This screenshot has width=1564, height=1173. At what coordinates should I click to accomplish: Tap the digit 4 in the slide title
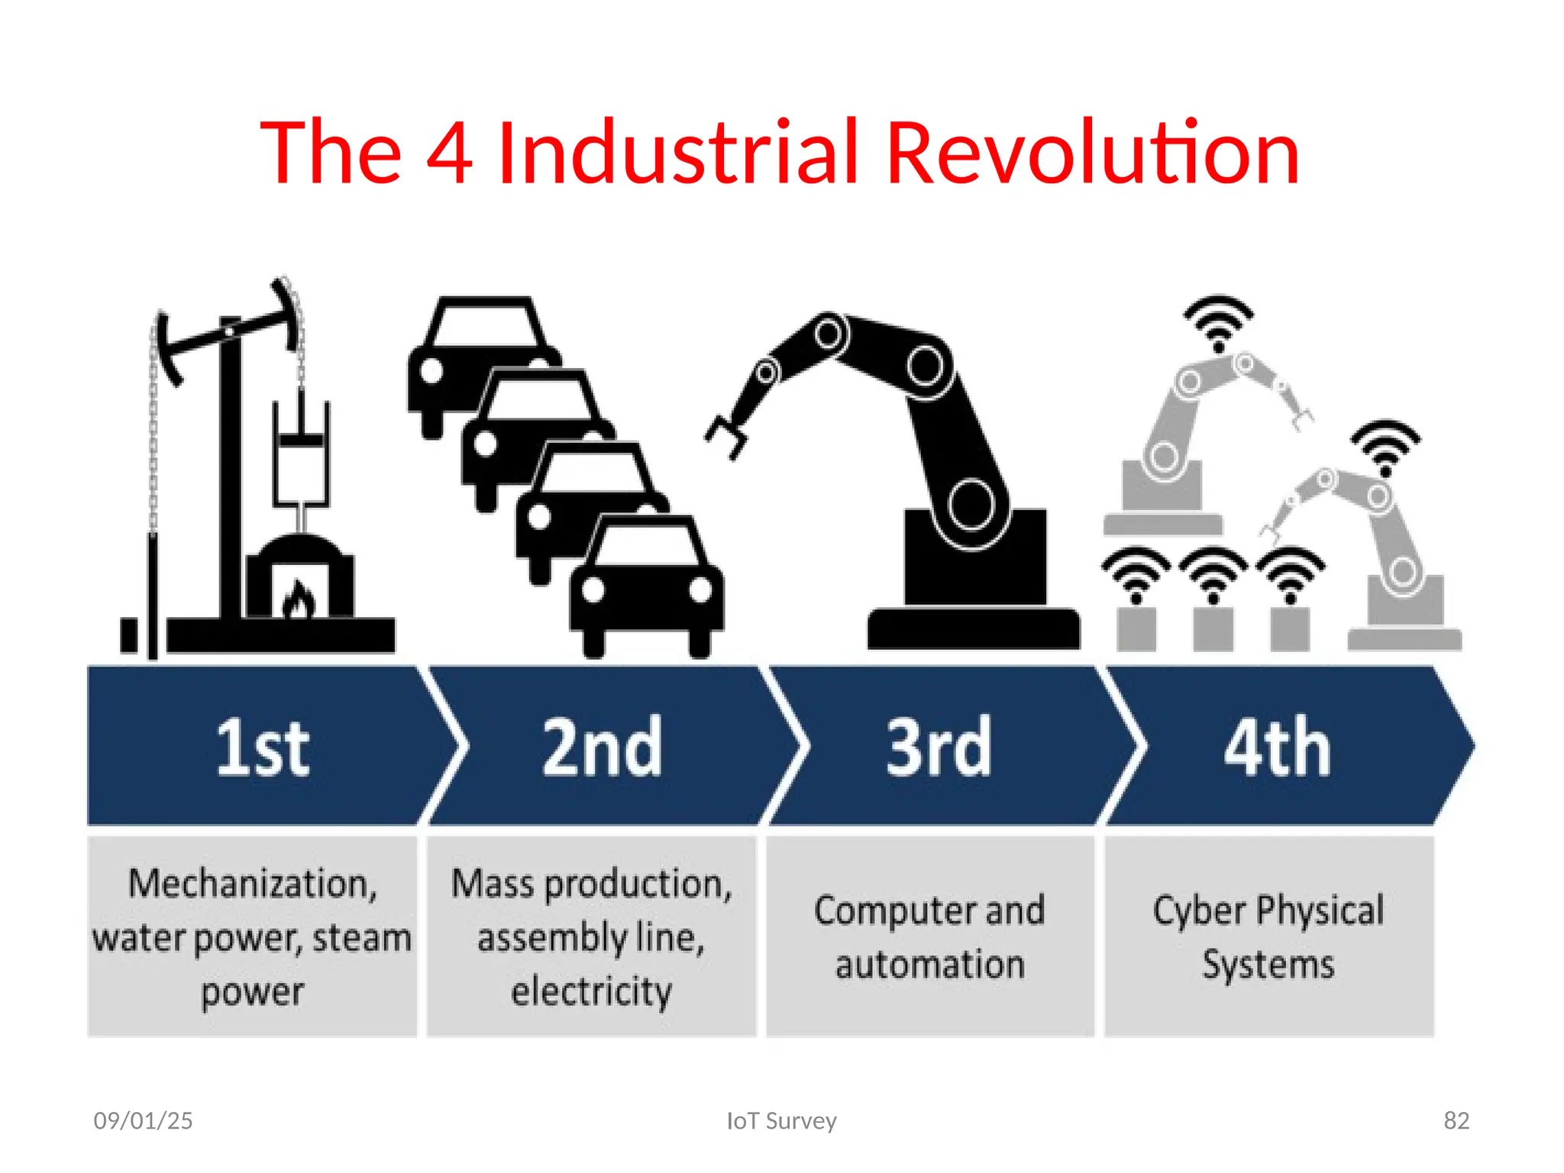coord(449,153)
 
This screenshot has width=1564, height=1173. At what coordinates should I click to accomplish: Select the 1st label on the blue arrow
coord(263,748)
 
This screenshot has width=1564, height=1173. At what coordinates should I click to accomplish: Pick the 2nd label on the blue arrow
coord(602,748)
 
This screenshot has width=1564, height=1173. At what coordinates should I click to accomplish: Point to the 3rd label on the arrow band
coord(939,748)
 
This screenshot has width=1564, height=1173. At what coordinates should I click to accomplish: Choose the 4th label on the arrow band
coord(1277,748)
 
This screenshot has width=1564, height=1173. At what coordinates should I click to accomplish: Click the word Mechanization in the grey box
coord(252,884)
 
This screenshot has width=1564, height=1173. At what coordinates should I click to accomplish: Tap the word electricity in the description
coord(591,991)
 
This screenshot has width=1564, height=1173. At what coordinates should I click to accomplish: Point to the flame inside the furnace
coord(298,599)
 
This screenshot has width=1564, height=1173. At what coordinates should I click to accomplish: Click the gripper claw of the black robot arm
coord(727,437)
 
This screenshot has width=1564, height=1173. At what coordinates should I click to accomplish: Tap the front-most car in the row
coord(646,584)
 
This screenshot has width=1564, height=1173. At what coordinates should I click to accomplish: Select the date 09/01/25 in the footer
coord(143,1120)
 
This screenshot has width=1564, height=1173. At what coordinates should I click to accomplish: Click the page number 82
coord(1456,1120)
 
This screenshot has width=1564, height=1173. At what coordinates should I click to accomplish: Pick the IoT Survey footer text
coord(781,1120)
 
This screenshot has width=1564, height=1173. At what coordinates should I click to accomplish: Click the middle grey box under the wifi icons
coord(1213,628)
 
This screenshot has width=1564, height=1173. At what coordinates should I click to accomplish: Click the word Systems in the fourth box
coord(1268,965)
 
